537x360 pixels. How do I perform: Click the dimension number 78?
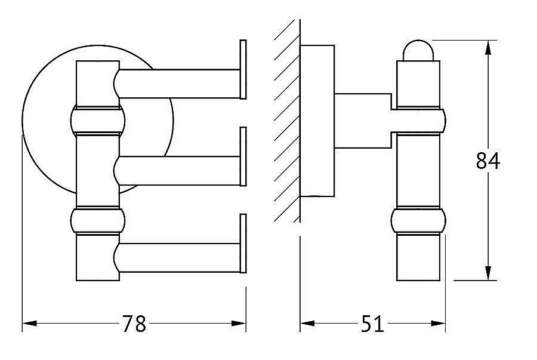tap(134, 324)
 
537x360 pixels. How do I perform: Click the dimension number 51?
tap(372, 324)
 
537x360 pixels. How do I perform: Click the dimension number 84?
tap(488, 161)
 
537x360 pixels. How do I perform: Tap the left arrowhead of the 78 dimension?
tap(29, 323)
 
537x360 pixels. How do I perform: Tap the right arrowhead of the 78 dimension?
tap(239, 323)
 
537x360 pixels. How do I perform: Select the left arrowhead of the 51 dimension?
tap(307, 323)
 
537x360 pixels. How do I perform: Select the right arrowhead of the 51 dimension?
tap(438, 323)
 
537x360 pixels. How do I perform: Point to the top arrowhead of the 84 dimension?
tap(488, 48)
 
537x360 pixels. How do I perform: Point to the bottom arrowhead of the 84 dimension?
tap(488, 273)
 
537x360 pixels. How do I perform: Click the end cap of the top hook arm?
tap(243, 69)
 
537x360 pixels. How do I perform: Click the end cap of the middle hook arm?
tap(243, 156)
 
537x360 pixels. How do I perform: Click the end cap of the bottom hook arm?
tap(243, 244)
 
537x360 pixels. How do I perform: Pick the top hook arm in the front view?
tap(177, 84)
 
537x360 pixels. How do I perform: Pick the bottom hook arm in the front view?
tap(177, 258)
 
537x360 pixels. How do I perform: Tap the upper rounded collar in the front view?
tap(98, 120)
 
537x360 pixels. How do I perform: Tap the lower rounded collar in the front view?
tap(98, 220)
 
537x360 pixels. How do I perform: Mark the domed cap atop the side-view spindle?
tap(418, 51)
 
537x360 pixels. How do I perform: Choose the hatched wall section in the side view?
tap(287, 121)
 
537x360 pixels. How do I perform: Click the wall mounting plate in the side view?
tap(317, 121)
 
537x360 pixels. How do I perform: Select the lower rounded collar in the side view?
tap(418, 220)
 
